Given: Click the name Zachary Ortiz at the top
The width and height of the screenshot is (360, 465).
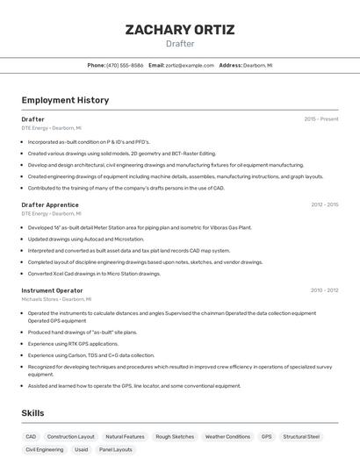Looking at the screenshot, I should (x=180, y=30).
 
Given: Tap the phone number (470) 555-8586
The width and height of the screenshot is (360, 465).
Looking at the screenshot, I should (x=125, y=65).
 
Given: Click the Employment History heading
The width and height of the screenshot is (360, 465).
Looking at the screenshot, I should (x=65, y=100).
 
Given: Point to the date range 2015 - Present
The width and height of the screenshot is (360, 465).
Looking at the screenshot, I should (x=320, y=119).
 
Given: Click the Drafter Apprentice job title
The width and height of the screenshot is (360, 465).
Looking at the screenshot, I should (x=51, y=204).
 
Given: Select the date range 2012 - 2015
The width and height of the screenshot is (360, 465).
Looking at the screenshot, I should (x=324, y=204).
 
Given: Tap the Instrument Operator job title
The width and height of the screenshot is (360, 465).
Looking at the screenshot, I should (x=53, y=290).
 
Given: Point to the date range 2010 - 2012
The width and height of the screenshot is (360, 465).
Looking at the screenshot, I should (x=324, y=290).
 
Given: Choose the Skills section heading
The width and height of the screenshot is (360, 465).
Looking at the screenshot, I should (x=33, y=413).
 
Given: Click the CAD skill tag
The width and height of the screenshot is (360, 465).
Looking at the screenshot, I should (x=31, y=436).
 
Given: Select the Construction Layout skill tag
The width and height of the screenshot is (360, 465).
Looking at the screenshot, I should (x=70, y=436).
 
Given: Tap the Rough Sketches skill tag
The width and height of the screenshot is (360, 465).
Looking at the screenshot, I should (x=175, y=436).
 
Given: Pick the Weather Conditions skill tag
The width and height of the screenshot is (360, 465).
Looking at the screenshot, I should (x=227, y=436).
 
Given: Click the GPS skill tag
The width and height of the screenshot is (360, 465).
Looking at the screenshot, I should (x=266, y=436).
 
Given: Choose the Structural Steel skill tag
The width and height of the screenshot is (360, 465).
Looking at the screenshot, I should (x=301, y=436).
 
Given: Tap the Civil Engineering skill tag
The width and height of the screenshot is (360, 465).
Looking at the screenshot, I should (x=45, y=449).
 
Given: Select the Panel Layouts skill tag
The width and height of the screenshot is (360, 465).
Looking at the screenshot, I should (x=115, y=449).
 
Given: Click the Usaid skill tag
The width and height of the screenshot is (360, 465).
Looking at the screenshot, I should (x=81, y=449).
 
